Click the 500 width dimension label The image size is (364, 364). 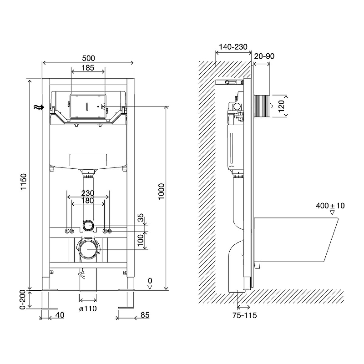[x=88, y=58]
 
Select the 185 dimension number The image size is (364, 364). [x=88, y=68]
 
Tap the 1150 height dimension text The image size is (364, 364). [x=24, y=182]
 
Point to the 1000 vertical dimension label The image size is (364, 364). [x=161, y=192]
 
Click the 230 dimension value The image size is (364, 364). [x=88, y=193]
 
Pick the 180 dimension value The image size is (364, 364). [x=88, y=201]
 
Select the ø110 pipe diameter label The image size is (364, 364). [x=88, y=308]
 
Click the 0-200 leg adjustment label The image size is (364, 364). [x=22, y=299]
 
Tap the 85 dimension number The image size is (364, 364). [x=145, y=315]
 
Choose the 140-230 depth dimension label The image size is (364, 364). [x=233, y=47]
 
